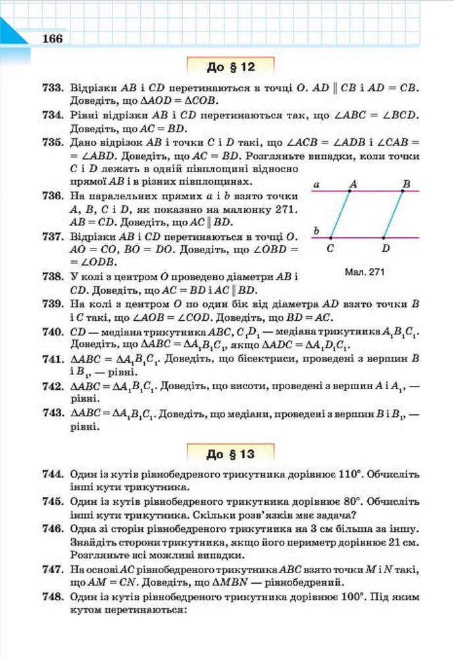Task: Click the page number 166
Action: [51, 39]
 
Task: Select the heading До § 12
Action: [230, 67]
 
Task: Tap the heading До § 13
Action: [230, 454]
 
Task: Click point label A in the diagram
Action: [353, 184]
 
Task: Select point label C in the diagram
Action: [329, 248]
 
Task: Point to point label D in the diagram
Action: [385, 248]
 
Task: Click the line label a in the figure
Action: [316, 185]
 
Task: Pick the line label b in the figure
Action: [316, 231]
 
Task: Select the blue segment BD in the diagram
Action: [393, 214]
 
